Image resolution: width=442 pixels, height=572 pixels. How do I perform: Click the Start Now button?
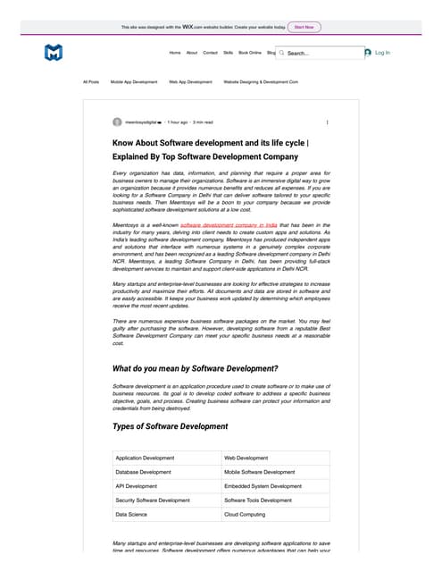[304, 27]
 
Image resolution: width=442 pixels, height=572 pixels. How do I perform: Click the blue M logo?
[54, 54]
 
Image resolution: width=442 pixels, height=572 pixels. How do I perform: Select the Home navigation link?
[175, 53]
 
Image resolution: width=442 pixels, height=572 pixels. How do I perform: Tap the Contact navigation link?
[210, 53]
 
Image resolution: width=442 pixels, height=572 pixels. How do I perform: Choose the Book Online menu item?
[250, 53]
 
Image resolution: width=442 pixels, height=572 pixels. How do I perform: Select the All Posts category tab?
[91, 81]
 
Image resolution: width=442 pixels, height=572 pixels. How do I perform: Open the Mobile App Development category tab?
[134, 81]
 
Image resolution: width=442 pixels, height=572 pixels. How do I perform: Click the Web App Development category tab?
[190, 81]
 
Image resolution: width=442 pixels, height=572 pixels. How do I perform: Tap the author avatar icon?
[117, 122]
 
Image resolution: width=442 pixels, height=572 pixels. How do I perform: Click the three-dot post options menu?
[327, 122]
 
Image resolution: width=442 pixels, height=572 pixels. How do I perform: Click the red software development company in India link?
[227, 226]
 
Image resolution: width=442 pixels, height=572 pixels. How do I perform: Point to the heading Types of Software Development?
[170, 426]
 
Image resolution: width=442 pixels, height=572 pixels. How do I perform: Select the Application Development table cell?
[146, 458]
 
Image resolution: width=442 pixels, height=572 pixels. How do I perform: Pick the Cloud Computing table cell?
[245, 515]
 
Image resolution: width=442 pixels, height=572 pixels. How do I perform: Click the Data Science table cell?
[132, 515]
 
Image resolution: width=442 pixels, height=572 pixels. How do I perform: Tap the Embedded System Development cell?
[263, 486]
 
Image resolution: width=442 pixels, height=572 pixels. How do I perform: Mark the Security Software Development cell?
[153, 500]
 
